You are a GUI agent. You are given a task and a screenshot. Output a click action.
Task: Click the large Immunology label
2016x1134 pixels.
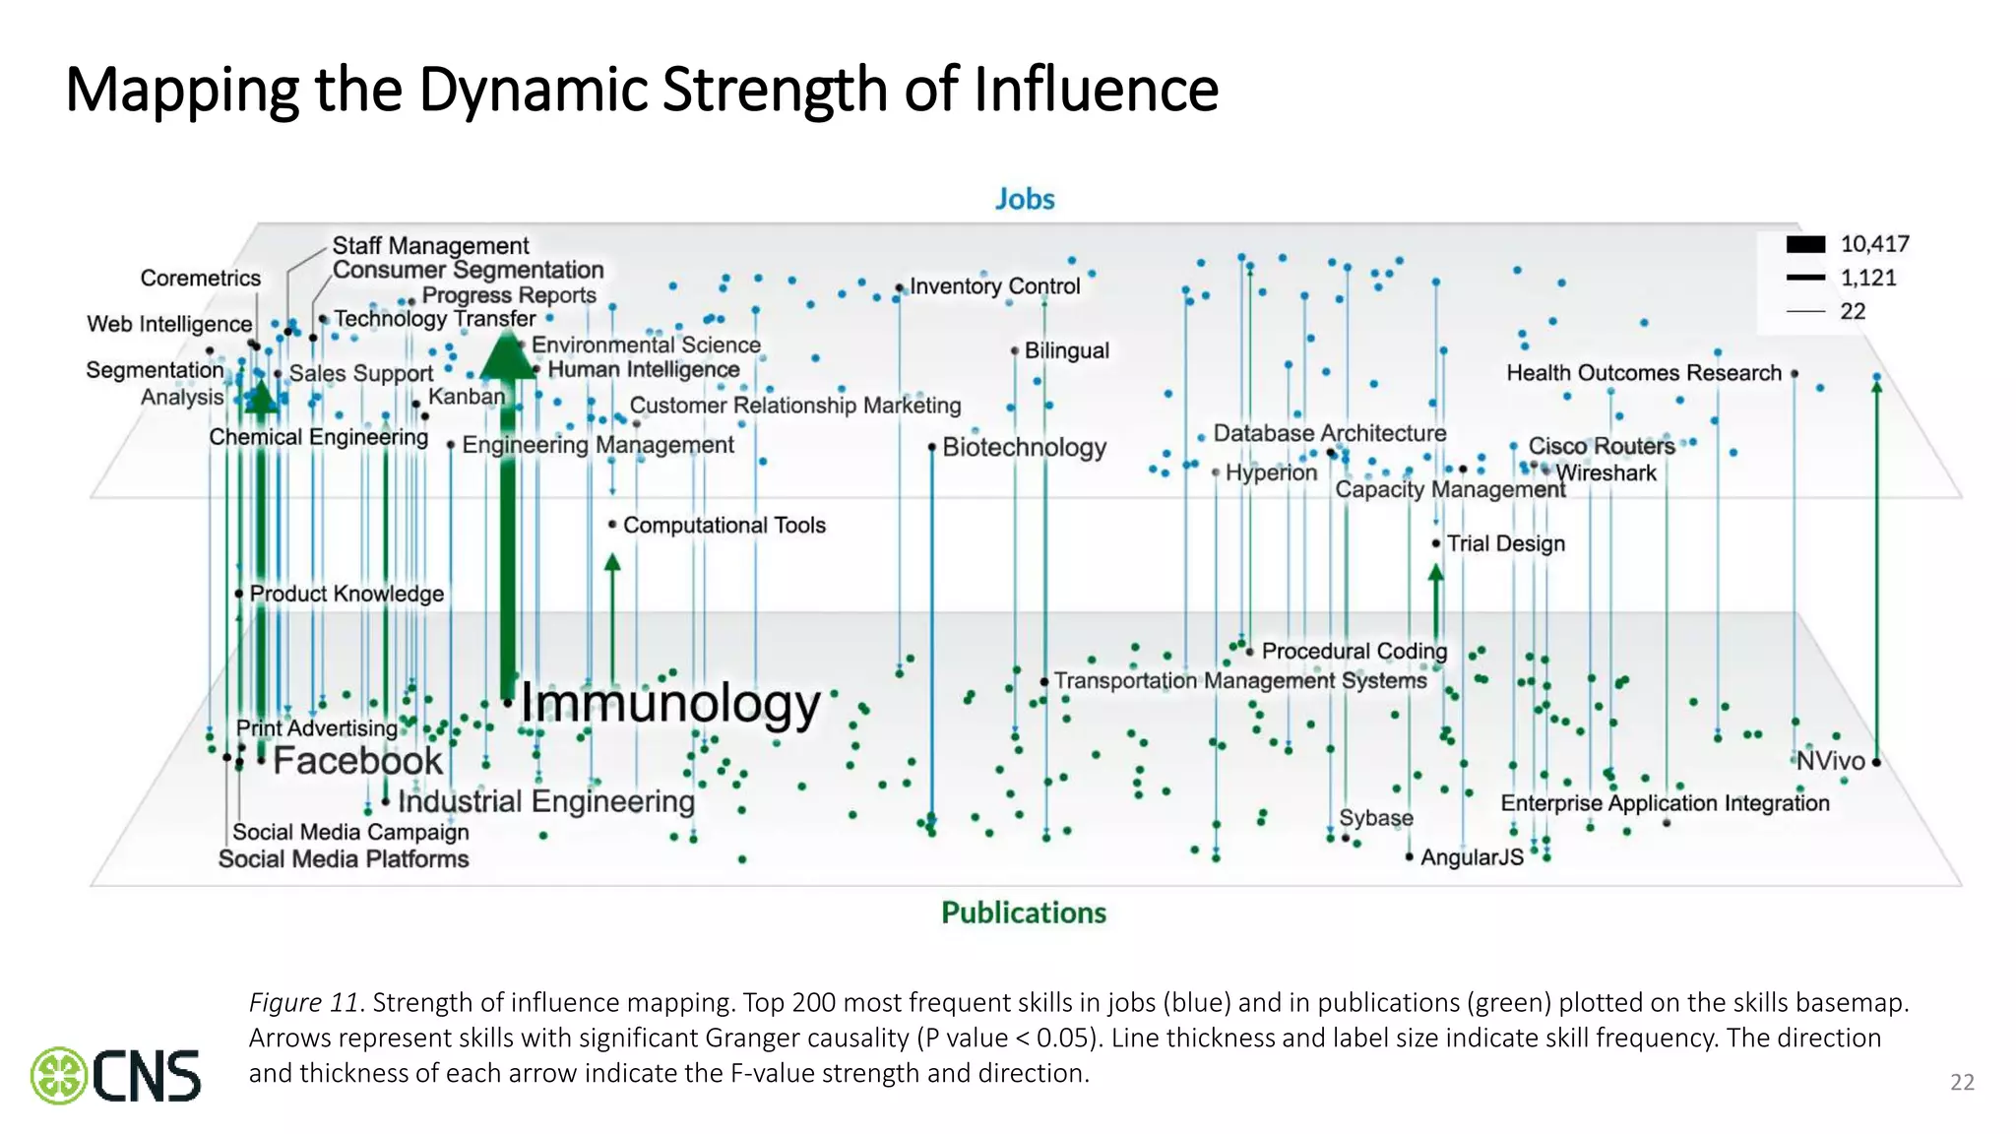[x=669, y=705]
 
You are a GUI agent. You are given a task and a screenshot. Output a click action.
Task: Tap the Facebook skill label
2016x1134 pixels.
[x=358, y=761]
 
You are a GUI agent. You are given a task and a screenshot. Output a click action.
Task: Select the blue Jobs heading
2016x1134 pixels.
[x=1024, y=199]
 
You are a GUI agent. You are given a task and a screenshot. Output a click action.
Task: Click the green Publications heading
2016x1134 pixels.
[x=1024, y=913]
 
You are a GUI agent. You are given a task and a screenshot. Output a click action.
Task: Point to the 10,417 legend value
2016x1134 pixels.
[x=1874, y=244]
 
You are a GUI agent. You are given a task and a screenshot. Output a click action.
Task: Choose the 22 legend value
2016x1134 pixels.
[x=1853, y=311]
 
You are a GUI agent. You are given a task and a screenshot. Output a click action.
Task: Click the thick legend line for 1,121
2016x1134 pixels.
[x=1805, y=278]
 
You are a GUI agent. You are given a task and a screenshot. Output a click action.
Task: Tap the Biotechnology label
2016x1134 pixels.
[x=1024, y=447]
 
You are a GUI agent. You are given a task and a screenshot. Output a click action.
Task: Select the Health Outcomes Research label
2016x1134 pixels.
[x=1644, y=373]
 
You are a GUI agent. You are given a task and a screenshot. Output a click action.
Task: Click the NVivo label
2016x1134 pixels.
[x=1830, y=761]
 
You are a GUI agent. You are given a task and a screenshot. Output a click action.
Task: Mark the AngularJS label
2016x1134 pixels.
[x=1472, y=857]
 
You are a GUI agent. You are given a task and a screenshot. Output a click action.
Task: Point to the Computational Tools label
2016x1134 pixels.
[x=724, y=526]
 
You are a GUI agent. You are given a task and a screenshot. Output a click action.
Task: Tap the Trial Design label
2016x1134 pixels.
[x=1505, y=543]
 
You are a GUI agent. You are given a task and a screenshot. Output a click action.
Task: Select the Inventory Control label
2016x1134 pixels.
[x=994, y=286]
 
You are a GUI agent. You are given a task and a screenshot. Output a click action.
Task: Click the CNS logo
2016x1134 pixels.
[x=116, y=1075]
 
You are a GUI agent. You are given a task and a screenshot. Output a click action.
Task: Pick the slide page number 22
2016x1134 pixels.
[x=1962, y=1083]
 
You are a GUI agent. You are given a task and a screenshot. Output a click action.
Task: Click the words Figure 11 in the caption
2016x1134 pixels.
[x=303, y=1003]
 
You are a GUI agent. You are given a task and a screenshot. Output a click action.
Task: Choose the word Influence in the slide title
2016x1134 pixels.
[x=1096, y=90]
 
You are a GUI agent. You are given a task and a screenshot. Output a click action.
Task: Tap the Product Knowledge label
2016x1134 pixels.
[x=346, y=594]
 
